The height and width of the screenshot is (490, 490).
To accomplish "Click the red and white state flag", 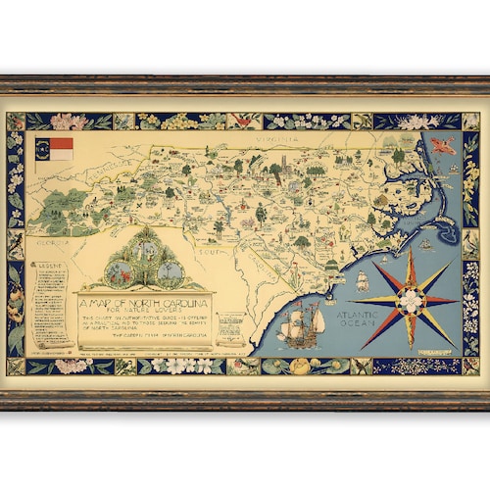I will point(60,149).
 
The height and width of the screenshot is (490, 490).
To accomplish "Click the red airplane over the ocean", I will point(444,148).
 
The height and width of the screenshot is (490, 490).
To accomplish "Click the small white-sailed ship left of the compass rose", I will point(362,281).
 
